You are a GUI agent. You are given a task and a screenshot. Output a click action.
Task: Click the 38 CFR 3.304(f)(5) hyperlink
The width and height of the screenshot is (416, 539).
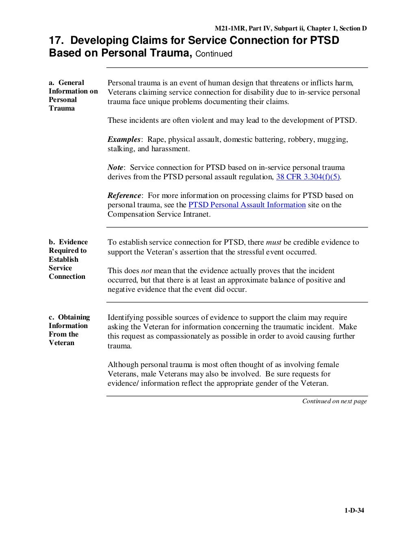pyautogui.click(x=308, y=177)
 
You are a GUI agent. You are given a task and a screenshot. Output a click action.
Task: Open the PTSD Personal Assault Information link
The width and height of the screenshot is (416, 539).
pyautogui.click(x=247, y=205)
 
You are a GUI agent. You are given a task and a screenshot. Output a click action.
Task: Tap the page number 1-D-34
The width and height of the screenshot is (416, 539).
pyautogui.click(x=351, y=511)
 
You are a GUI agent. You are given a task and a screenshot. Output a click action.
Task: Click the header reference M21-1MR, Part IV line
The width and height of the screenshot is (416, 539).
pyautogui.click(x=290, y=28)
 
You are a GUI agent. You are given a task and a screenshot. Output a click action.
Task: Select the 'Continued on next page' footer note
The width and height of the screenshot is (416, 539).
pyautogui.click(x=334, y=401)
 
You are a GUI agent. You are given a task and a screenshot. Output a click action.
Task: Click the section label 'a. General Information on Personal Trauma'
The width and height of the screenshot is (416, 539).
pyautogui.click(x=73, y=96)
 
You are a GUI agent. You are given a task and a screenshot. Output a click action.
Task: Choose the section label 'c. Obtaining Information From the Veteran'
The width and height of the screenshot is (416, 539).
pyautogui.click(x=69, y=330)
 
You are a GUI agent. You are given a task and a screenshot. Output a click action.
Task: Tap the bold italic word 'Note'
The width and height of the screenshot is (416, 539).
pyautogui.click(x=115, y=167)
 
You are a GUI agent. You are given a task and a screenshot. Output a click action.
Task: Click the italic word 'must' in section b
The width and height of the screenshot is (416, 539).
pyautogui.click(x=273, y=242)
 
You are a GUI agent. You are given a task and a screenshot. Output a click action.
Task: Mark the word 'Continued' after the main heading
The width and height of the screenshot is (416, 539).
pyautogui.click(x=214, y=54)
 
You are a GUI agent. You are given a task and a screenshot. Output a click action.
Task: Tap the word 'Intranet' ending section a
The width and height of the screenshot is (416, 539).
pyautogui.click(x=196, y=214)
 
